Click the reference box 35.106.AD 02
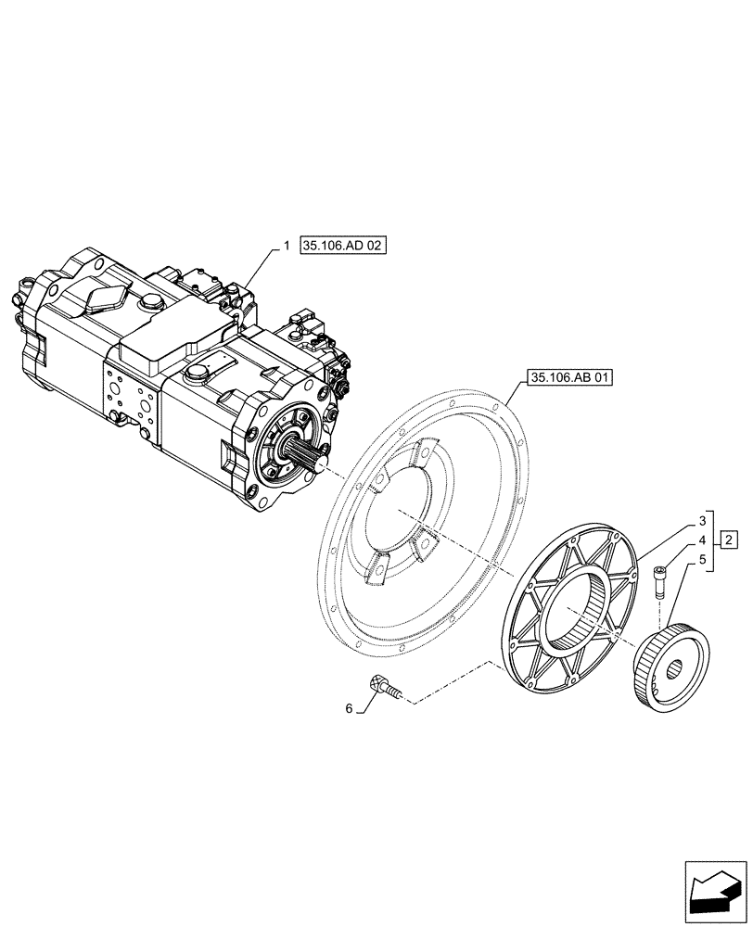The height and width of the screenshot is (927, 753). click(342, 247)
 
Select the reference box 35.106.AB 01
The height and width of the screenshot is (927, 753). click(568, 377)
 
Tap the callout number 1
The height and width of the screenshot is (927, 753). click(287, 247)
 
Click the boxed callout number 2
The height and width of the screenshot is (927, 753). click(730, 540)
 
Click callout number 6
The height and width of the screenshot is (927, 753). click(350, 708)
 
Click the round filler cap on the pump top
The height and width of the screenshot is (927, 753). click(196, 373)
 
